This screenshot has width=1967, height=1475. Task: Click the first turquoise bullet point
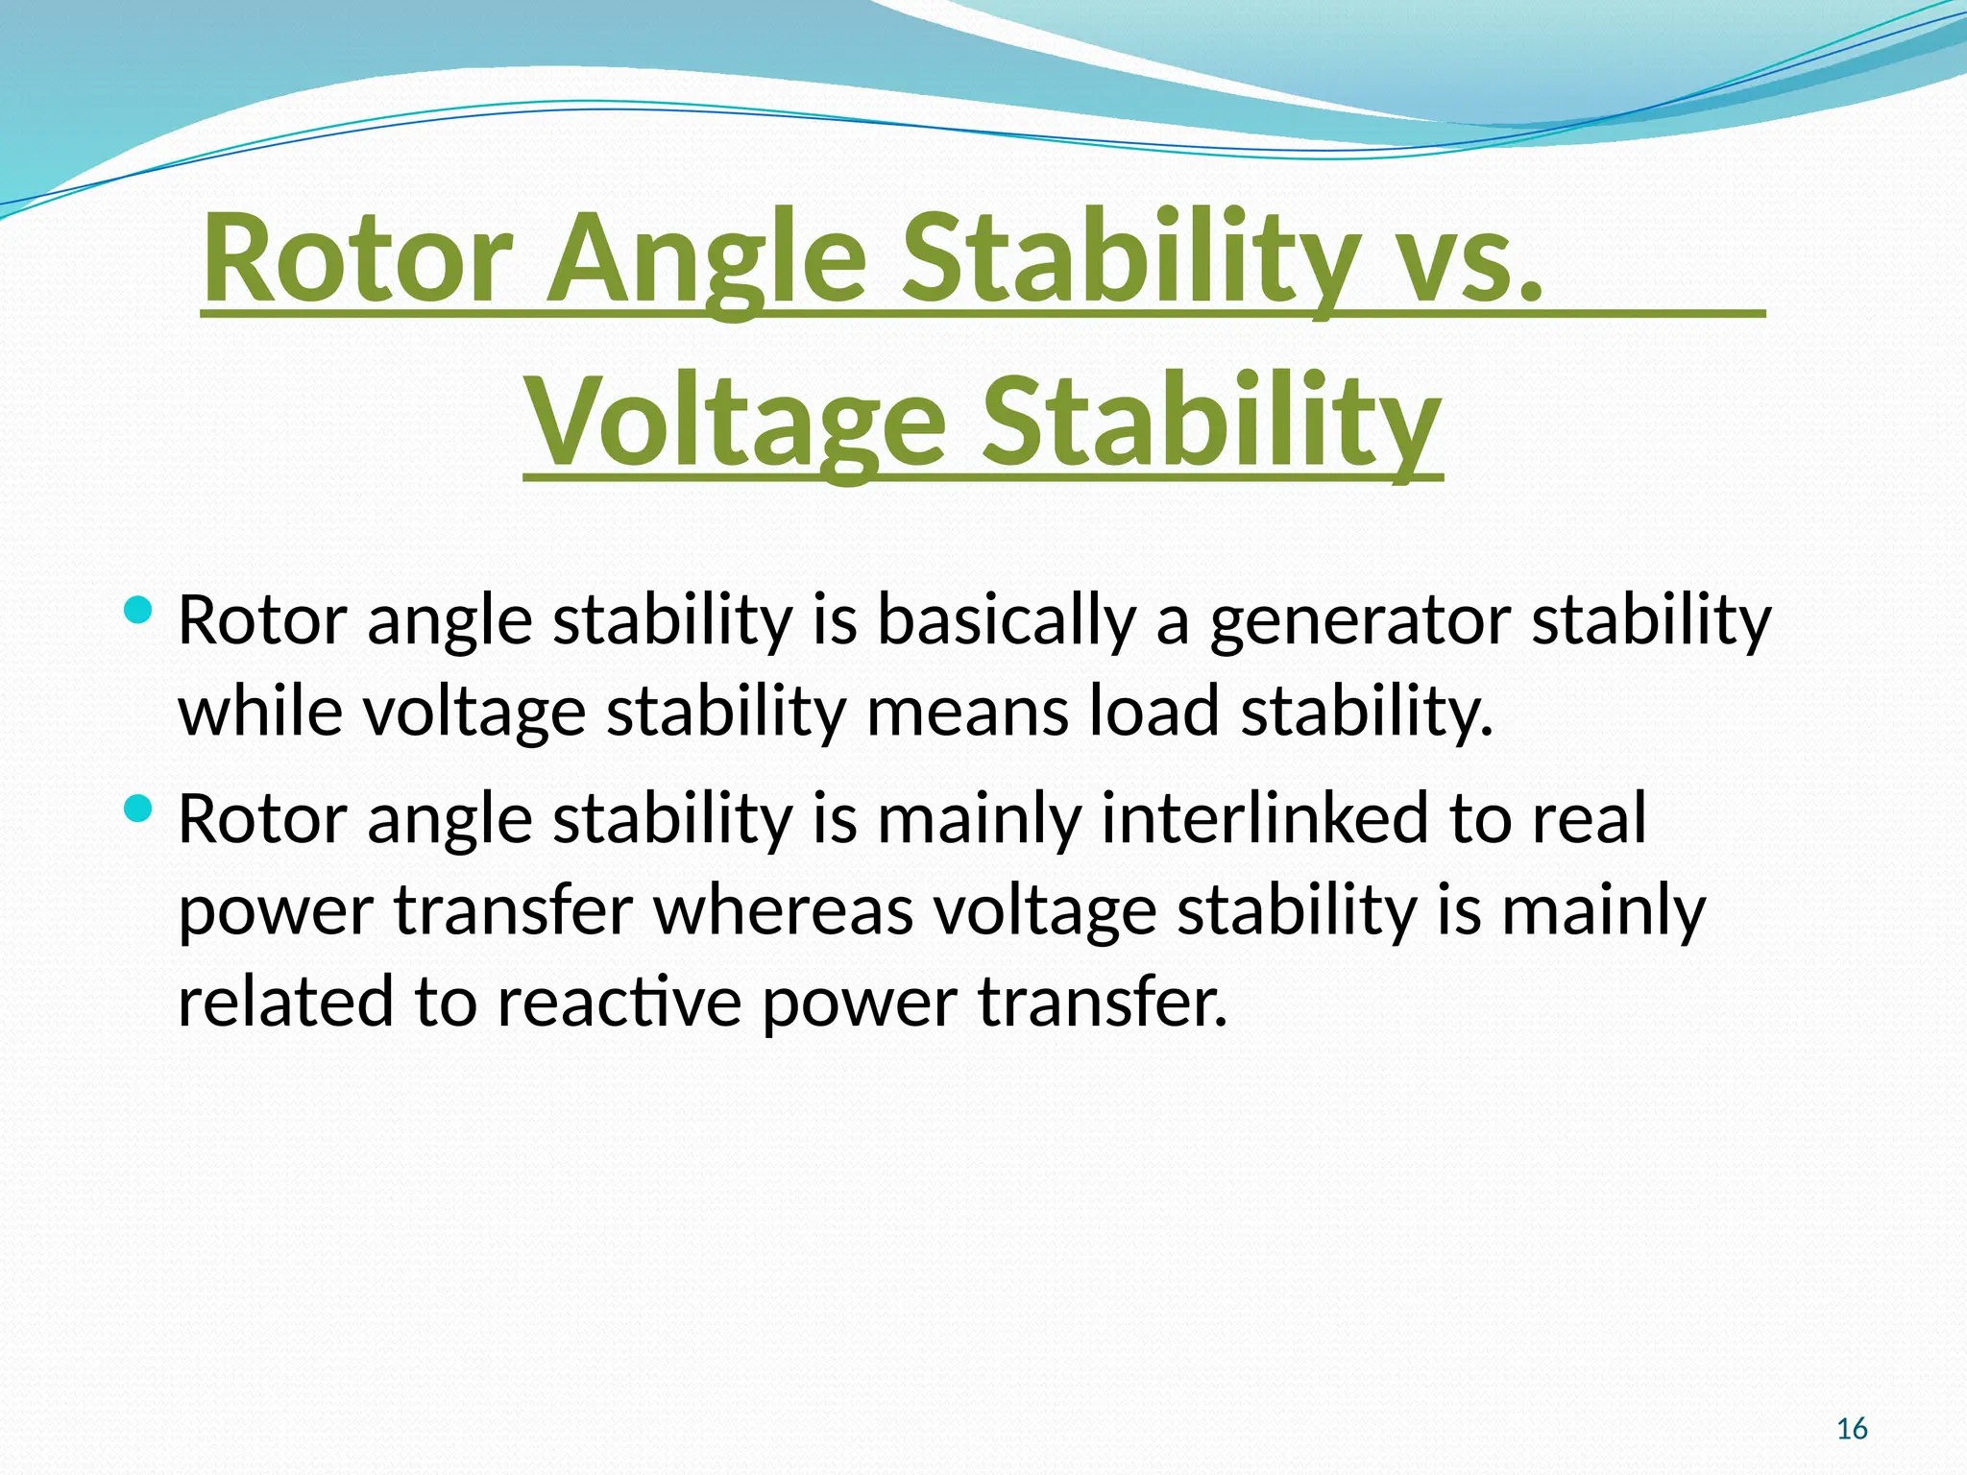click(139, 610)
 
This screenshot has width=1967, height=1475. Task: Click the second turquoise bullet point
click(139, 810)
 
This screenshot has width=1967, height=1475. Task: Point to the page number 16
click(1852, 1429)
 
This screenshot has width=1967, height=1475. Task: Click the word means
click(967, 712)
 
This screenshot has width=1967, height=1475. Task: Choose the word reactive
click(619, 1002)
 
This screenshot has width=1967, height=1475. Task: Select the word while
click(260, 712)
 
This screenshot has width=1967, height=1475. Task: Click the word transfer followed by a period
click(1104, 1002)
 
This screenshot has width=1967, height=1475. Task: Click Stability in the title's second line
click(1210, 423)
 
